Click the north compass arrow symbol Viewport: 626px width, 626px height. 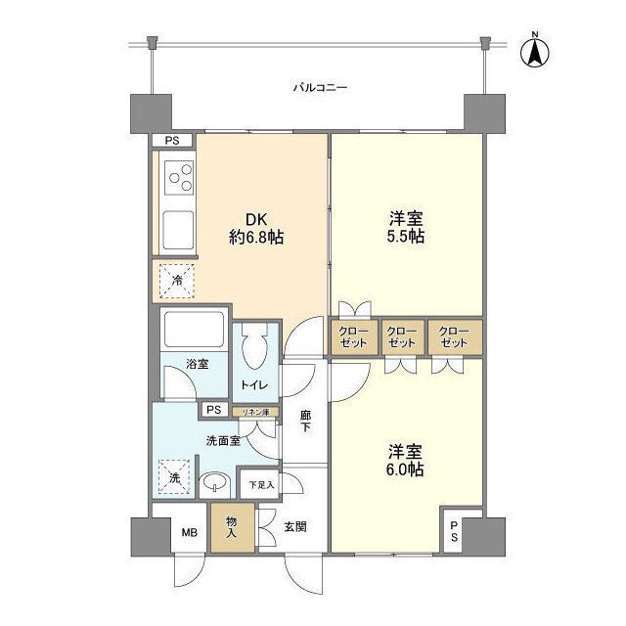(x=535, y=51)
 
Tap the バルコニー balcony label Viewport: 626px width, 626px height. (x=320, y=88)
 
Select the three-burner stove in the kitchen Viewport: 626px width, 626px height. (x=180, y=179)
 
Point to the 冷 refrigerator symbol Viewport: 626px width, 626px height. (x=177, y=280)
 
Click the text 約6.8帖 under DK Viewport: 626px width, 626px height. (x=256, y=237)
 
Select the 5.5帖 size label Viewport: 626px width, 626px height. (x=406, y=237)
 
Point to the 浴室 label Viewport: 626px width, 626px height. (x=197, y=365)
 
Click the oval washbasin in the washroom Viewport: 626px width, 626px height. (x=217, y=482)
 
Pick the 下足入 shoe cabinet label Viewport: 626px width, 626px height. (x=261, y=483)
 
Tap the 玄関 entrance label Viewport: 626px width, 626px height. (x=296, y=526)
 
